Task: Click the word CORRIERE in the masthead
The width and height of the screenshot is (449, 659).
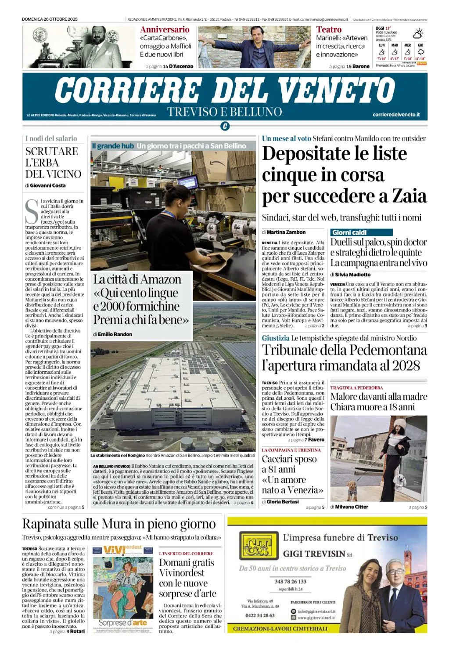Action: pyautogui.click(x=128, y=90)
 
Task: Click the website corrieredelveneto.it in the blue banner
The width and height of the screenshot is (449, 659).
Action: pyautogui.click(x=396, y=115)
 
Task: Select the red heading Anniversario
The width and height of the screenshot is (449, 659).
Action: pyautogui.click(x=165, y=30)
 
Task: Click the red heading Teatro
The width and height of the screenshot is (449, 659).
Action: pyautogui.click(x=329, y=30)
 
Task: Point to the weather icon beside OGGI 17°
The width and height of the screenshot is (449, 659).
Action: pyautogui.click(x=418, y=33)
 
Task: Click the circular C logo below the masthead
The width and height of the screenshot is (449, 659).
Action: pyautogui.click(x=225, y=127)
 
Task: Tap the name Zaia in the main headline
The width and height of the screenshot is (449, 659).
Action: pyautogui.click(x=409, y=196)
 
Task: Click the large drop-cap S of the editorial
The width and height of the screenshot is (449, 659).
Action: pyautogui.click(x=32, y=211)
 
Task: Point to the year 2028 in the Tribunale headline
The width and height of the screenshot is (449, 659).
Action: pyautogui.click(x=403, y=366)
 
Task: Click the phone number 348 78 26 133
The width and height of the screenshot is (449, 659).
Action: pyautogui.click(x=291, y=581)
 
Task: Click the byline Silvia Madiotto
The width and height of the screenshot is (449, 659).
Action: pyautogui.click(x=352, y=275)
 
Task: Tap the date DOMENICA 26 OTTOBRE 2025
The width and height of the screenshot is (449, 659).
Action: pyautogui.click(x=50, y=19)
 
